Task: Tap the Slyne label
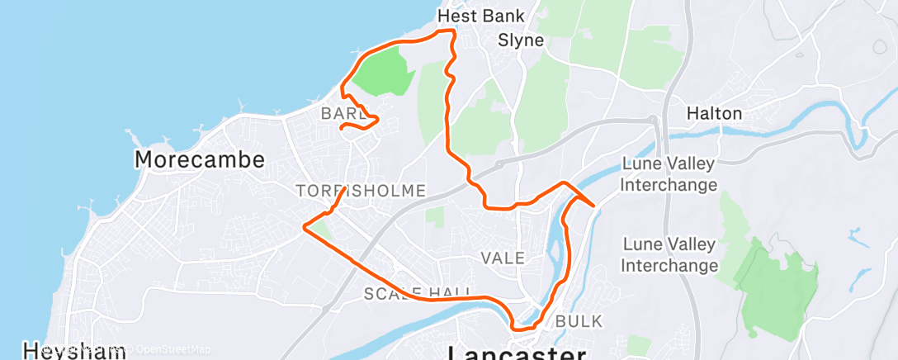[521, 40]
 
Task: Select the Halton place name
[716, 113]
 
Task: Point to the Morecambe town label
[199, 159]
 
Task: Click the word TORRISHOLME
[361, 192]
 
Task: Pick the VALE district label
[503, 258]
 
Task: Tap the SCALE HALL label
[418, 293]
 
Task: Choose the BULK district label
[579, 320]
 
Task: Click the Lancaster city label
[517, 353]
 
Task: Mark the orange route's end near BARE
[342, 127]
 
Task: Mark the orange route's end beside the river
[593, 206]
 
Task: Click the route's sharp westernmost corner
[305, 226]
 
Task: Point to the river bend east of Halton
[863, 132]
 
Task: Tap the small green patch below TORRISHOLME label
[435, 216]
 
